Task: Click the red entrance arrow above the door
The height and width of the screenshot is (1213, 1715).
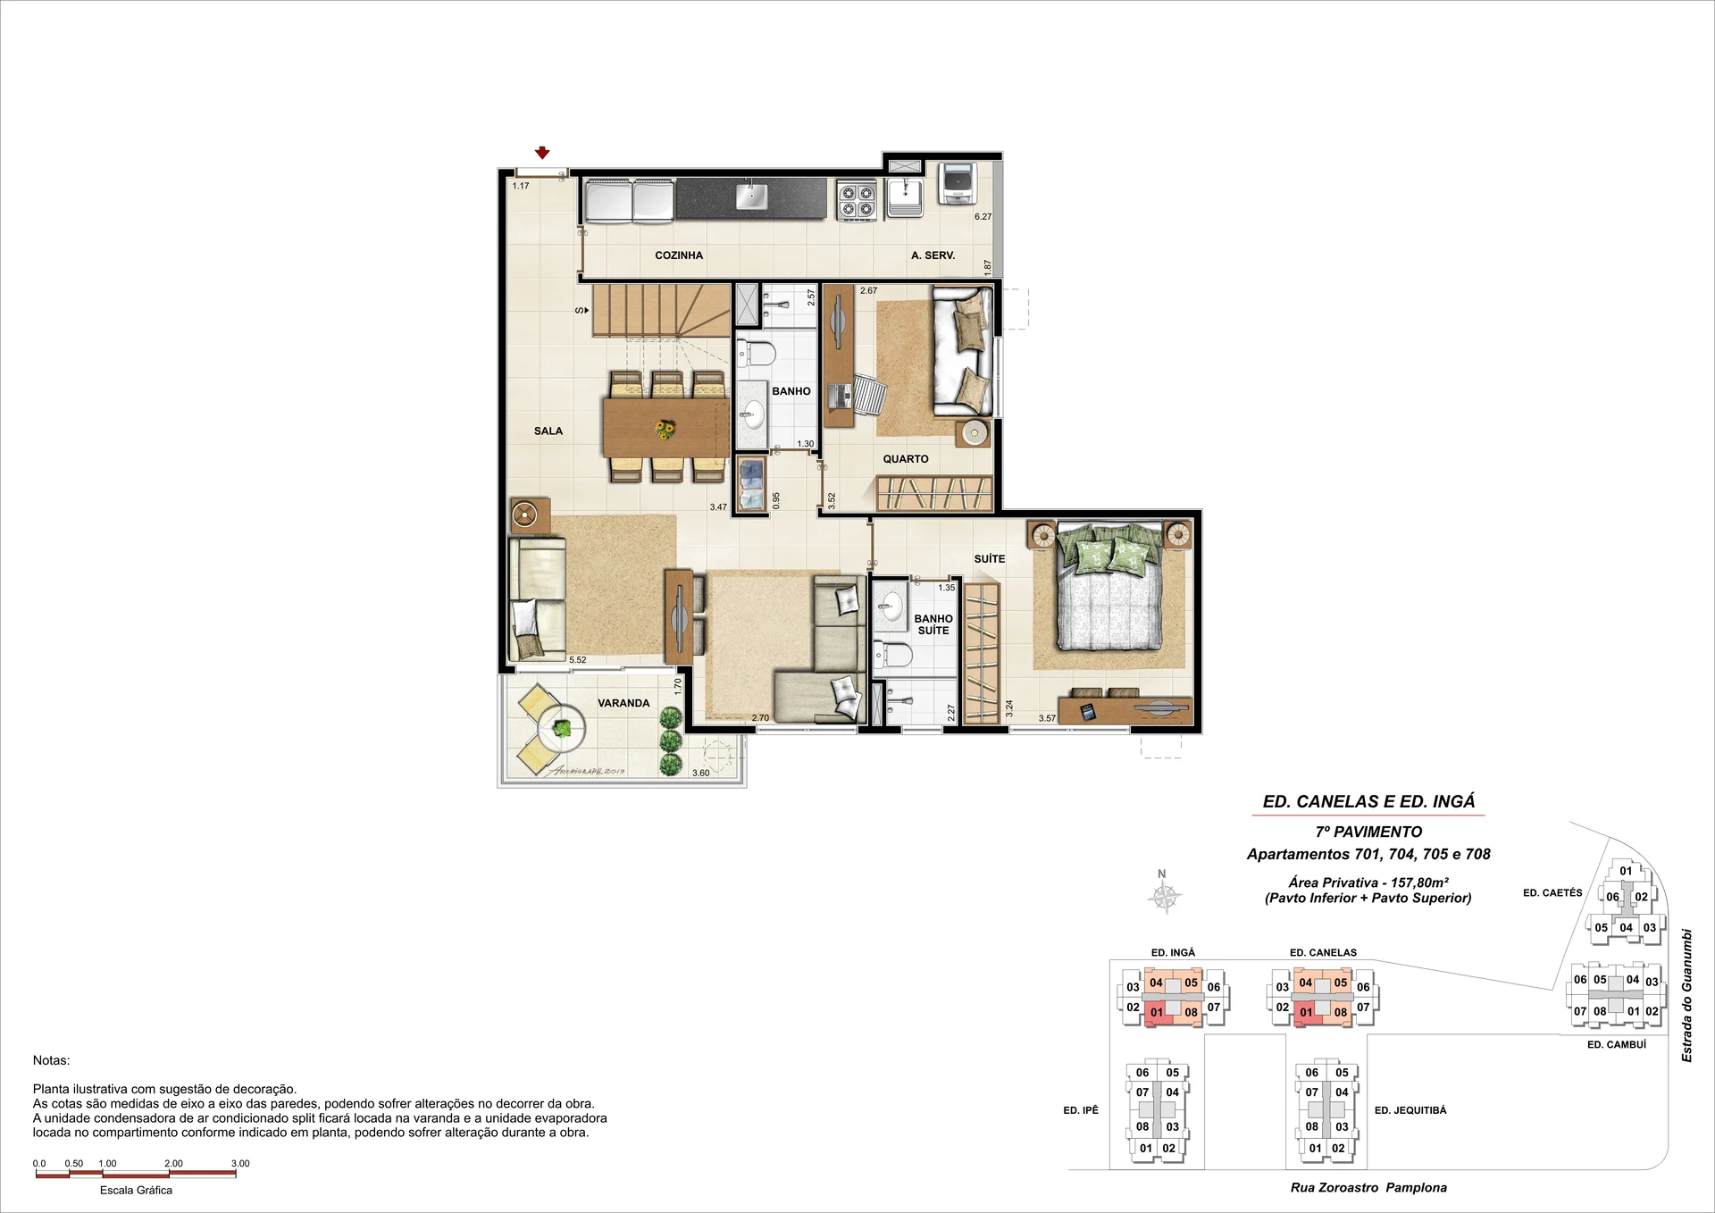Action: (x=542, y=154)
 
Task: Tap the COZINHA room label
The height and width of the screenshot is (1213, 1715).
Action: (x=679, y=255)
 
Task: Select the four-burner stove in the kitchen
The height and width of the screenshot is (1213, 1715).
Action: (x=857, y=200)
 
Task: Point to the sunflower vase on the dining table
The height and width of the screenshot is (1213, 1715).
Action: (x=665, y=431)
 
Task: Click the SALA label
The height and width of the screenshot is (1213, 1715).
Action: (x=548, y=431)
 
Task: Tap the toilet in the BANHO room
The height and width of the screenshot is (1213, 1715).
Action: (x=756, y=354)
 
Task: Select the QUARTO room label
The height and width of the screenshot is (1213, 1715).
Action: (x=906, y=459)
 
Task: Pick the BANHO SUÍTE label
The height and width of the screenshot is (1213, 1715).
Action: (x=933, y=624)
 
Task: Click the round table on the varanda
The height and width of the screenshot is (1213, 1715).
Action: (x=561, y=729)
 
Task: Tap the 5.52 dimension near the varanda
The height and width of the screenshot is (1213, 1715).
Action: (x=578, y=660)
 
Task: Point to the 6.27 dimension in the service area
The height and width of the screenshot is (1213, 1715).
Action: (x=983, y=216)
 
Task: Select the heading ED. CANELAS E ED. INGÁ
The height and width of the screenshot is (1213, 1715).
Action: (x=1368, y=801)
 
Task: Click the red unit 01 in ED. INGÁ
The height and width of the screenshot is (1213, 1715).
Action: (x=1157, y=1012)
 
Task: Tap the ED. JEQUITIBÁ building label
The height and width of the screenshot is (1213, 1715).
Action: (x=1410, y=1110)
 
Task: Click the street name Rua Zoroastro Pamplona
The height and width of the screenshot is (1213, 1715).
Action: (x=1368, y=1188)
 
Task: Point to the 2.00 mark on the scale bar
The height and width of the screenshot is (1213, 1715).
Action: (x=173, y=1164)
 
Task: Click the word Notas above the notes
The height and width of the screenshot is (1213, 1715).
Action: (x=51, y=1060)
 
